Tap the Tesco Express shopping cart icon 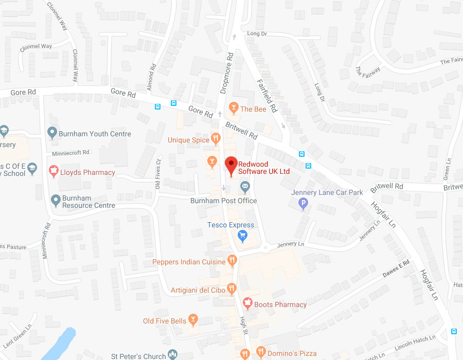pos(243,236)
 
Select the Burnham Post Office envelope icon pos(245,186)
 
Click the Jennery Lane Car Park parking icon pos(304,204)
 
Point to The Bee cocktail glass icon pos(234,109)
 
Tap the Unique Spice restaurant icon pos(216,138)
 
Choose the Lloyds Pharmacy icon pos(53,171)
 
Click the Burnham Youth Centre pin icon pos(52,133)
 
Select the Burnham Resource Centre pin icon pos(56,200)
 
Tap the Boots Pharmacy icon pos(247,303)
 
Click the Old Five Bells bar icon pos(193,320)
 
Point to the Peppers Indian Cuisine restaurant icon pos(232,261)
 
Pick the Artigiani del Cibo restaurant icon pos(231,289)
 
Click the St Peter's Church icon pos(173,354)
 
